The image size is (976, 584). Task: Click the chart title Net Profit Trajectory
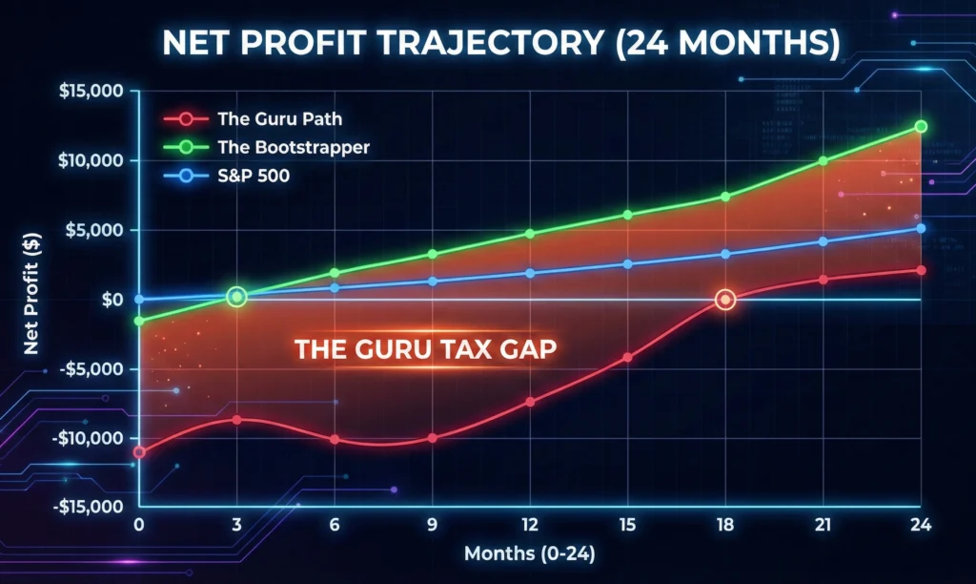(487, 43)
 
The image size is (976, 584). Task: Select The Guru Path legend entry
(254, 119)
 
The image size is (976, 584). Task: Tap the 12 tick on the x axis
(530, 525)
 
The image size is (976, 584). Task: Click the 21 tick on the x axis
(823, 525)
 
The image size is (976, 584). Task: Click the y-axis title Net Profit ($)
(30, 299)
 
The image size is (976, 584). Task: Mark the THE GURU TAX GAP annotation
(426, 349)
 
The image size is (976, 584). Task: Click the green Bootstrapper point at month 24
(921, 126)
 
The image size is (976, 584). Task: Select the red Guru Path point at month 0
(140, 452)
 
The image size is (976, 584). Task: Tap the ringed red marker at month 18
(725, 301)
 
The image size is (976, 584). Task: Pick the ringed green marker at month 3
(237, 298)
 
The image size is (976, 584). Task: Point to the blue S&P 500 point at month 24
(921, 228)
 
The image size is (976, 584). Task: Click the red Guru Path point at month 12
(530, 402)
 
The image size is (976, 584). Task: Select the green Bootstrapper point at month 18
(725, 197)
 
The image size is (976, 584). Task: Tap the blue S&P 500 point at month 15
(627, 264)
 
